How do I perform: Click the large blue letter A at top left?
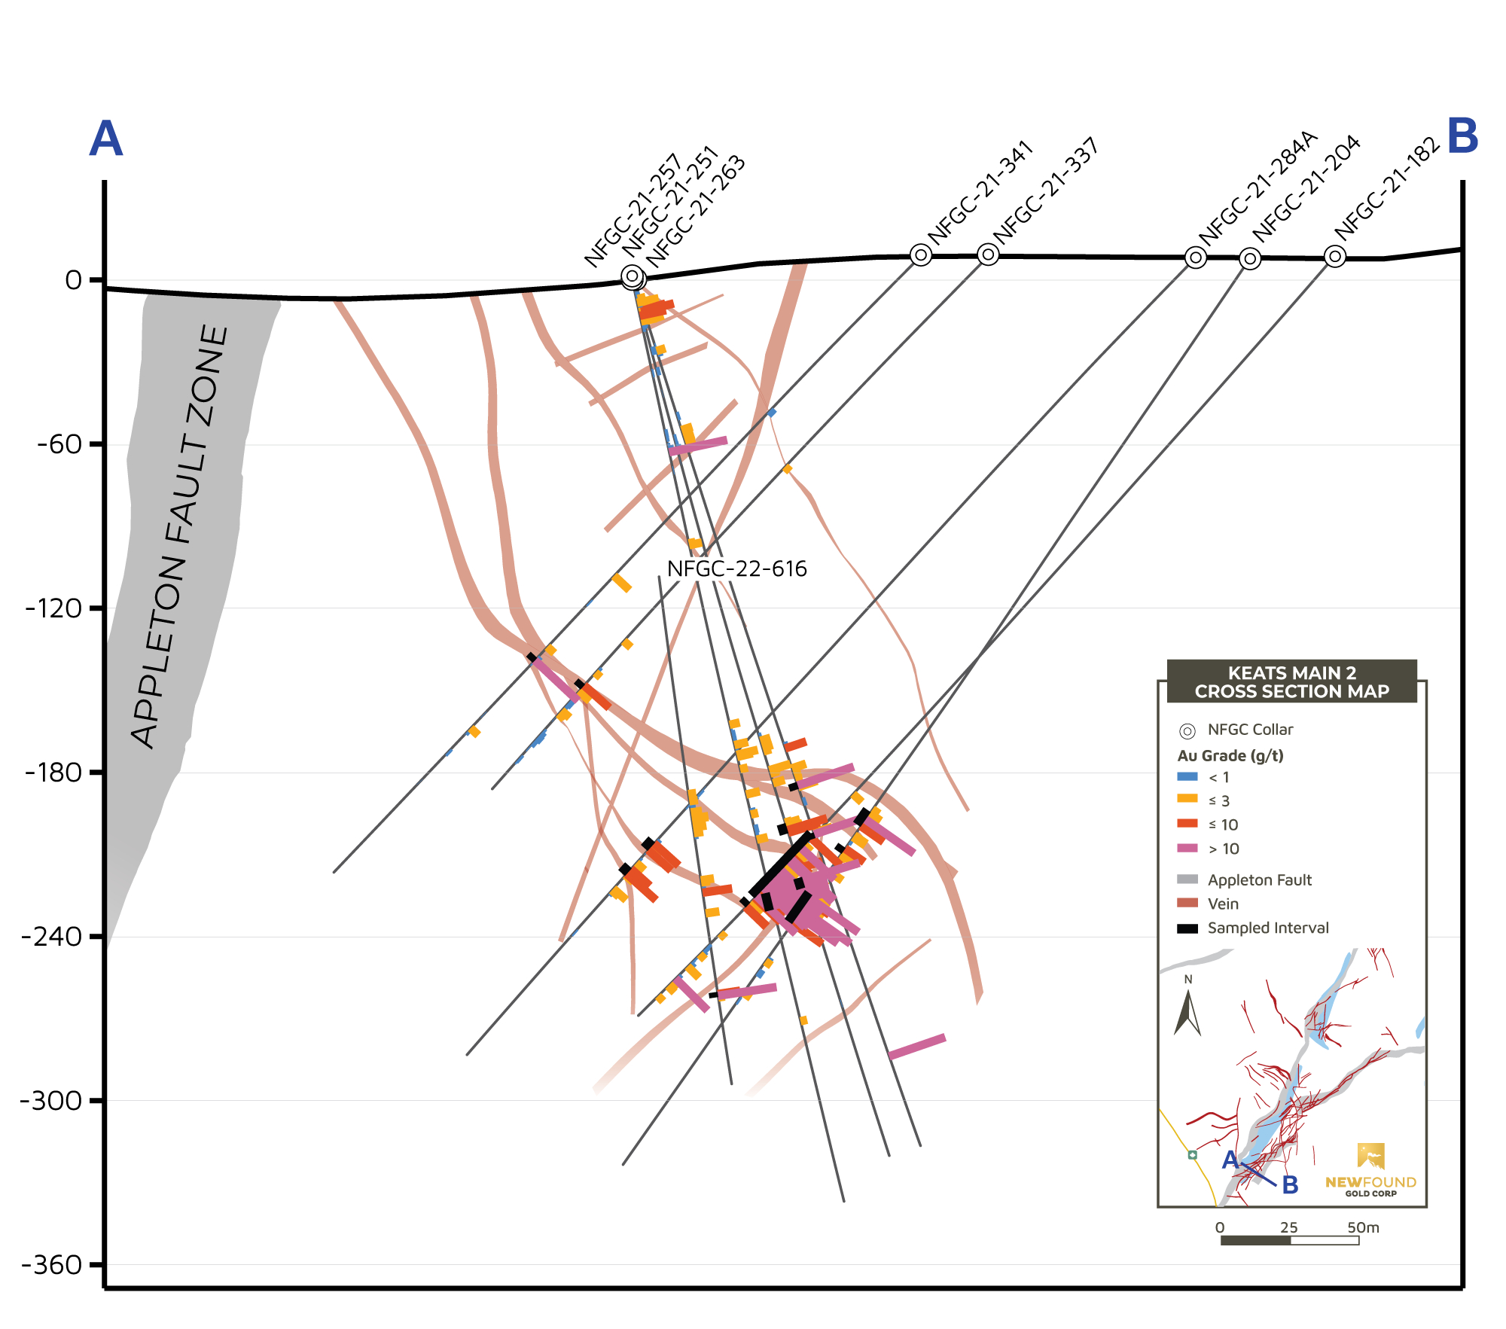coord(106,139)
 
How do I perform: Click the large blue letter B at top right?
coord(1462,137)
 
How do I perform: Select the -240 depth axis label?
coord(52,937)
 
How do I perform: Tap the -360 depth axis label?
coord(52,1264)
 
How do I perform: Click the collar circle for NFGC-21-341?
coord(920,255)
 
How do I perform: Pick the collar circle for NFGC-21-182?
coord(1334,257)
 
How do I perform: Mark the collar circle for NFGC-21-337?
coord(988,255)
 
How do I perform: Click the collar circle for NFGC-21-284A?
coord(1195,258)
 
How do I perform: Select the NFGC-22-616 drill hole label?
coord(736,568)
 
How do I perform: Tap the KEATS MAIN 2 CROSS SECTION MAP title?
coord(1291,682)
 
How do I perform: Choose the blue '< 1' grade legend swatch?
coord(1187,776)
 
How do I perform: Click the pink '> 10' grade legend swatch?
coord(1187,848)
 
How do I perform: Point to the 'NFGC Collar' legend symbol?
coord(1187,730)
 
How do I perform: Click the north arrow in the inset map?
coord(1187,1014)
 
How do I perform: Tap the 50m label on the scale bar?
coord(1363,1227)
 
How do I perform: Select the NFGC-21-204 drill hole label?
coord(1306,187)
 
